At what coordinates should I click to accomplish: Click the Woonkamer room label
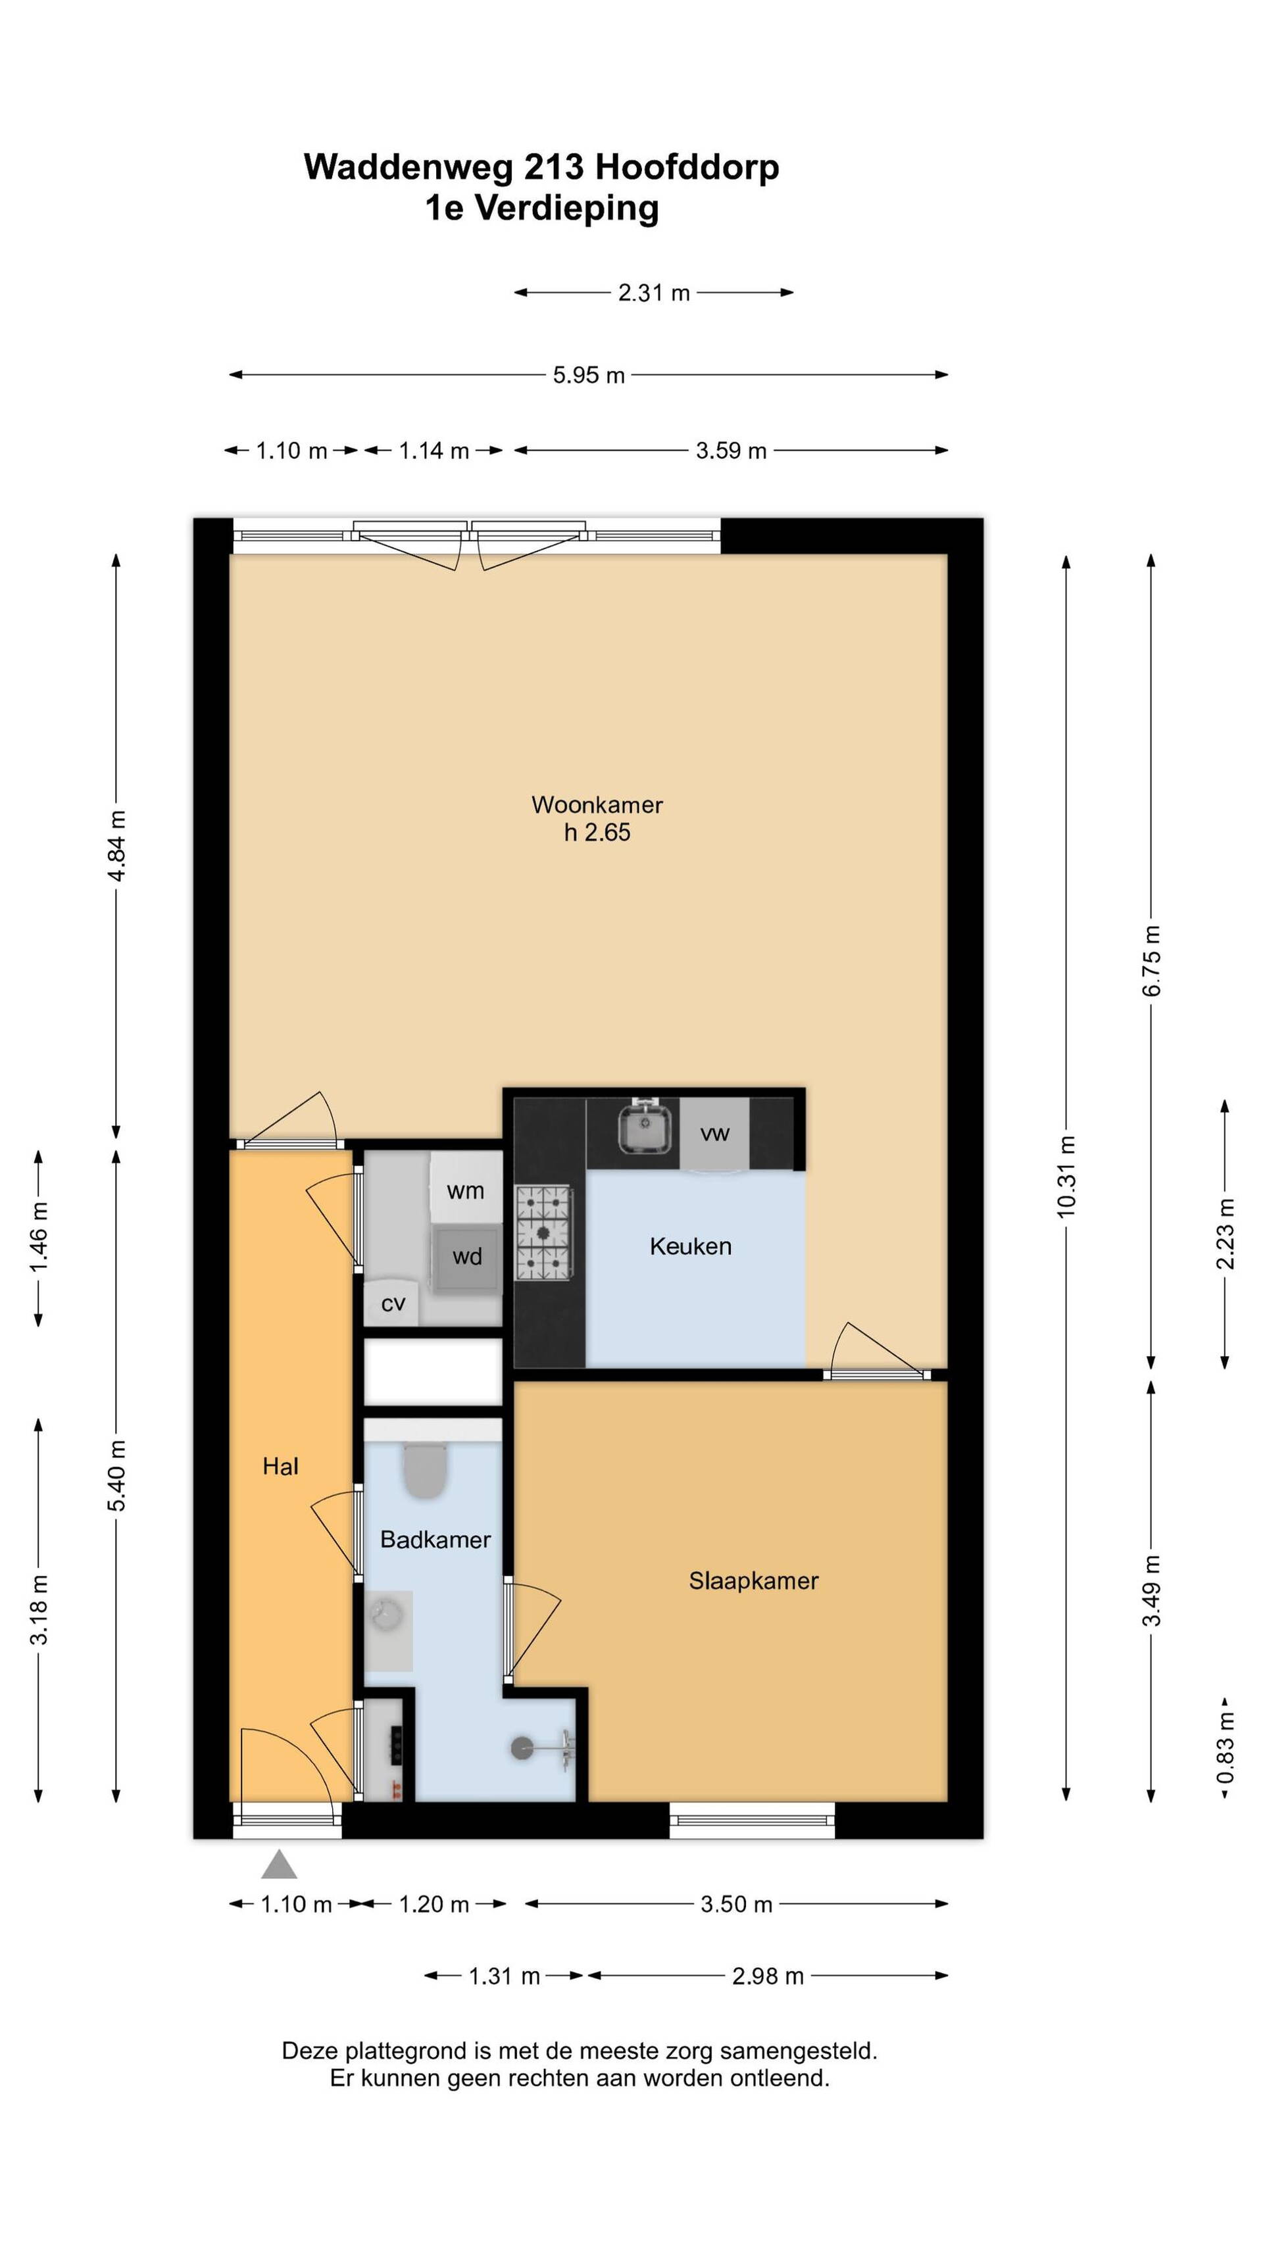point(597,805)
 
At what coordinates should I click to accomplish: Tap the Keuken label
point(691,1246)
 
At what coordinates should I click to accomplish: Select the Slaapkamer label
point(753,1581)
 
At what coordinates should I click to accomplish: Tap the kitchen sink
point(644,1128)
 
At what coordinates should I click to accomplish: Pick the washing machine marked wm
point(466,1190)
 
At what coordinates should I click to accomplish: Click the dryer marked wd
point(467,1256)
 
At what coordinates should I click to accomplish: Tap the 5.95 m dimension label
point(589,376)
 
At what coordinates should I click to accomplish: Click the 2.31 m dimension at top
point(654,293)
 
